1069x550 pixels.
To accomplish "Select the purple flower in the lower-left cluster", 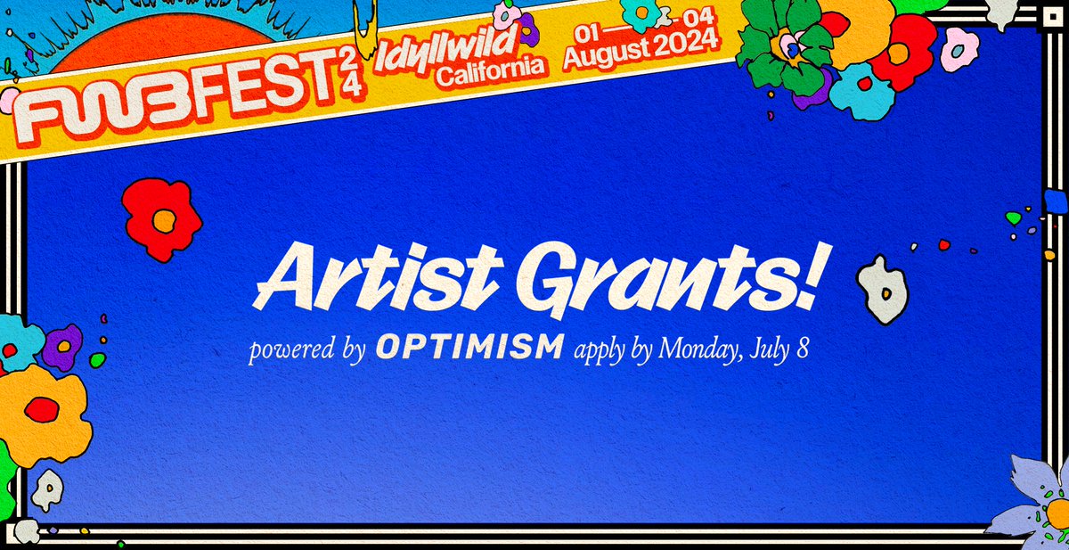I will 61,347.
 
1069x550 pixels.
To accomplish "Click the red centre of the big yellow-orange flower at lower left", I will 41,409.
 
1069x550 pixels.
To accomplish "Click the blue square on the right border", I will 1056,202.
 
